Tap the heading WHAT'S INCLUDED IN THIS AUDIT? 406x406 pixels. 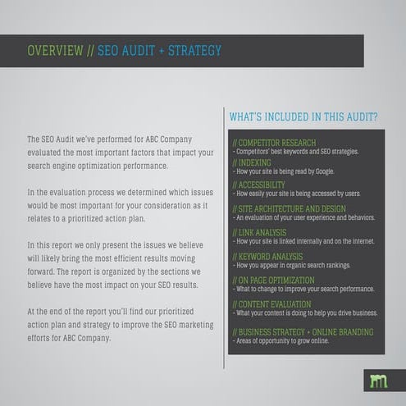pos(303,117)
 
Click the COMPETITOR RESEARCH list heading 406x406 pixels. pos(275,143)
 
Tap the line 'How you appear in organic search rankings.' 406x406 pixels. pos(292,266)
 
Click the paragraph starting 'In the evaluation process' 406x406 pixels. pos(119,205)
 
